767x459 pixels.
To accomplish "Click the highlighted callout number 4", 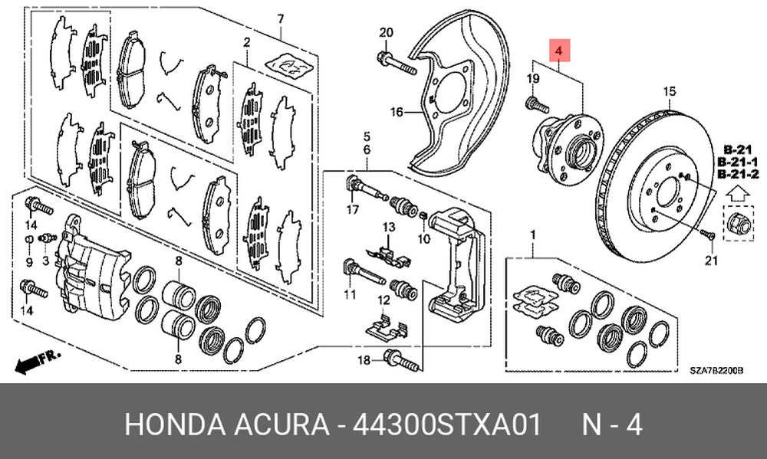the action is click(x=559, y=50).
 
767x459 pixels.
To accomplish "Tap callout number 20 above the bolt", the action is click(x=386, y=33).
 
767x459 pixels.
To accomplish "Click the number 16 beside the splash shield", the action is click(x=397, y=113).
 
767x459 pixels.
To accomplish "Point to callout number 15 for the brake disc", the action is click(x=669, y=91).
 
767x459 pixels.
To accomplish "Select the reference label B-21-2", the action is click(x=738, y=173).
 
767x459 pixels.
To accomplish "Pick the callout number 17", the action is click(x=353, y=210).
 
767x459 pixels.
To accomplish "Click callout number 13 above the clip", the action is click(x=388, y=228).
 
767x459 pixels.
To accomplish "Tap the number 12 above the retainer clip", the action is click(x=384, y=300).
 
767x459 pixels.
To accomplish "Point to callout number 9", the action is click(x=29, y=262).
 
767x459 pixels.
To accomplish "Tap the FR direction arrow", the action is click(x=37, y=361).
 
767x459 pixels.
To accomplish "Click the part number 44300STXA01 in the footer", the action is click(x=446, y=424).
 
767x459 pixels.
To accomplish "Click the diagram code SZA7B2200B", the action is click(x=717, y=371).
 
